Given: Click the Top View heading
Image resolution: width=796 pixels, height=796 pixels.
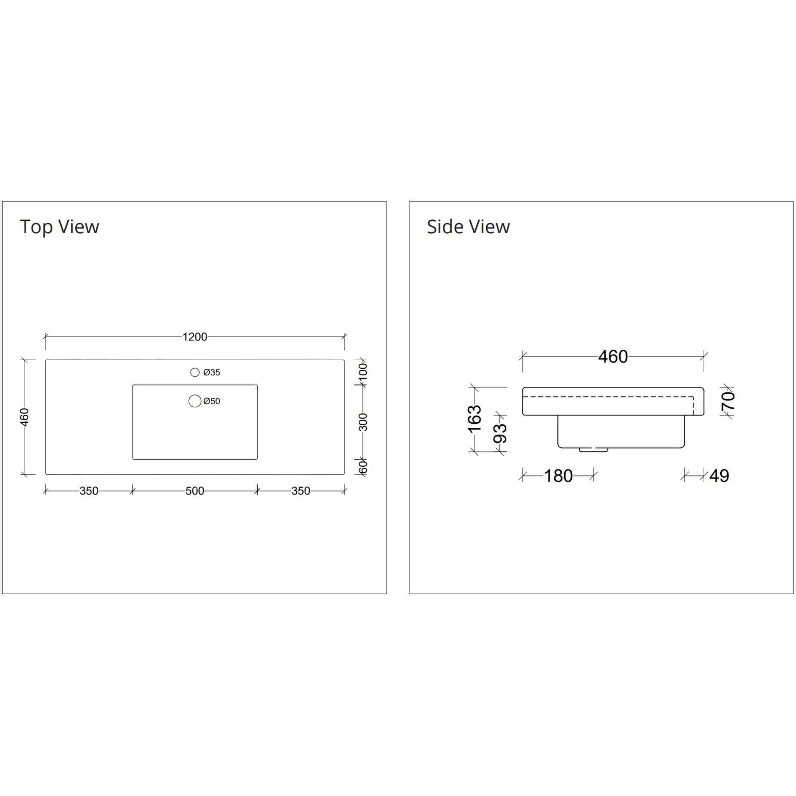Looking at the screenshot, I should pyautogui.click(x=59, y=227).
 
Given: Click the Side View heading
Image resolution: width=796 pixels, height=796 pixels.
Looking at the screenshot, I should pyautogui.click(x=468, y=227).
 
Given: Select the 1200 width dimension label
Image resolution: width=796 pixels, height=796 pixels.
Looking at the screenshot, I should pyautogui.click(x=194, y=337).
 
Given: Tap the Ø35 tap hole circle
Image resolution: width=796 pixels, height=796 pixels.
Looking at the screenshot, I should pyautogui.click(x=195, y=372).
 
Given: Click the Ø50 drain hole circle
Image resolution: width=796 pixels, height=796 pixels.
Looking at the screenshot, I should pyautogui.click(x=194, y=401).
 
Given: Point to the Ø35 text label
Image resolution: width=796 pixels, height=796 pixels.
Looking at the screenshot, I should pyautogui.click(x=212, y=372).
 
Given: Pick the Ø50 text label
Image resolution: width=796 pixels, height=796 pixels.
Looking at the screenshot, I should pyautogui.click(x=212, y=401).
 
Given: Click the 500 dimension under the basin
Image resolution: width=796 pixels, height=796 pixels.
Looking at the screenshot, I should pyautogui.click(x=194, y=491).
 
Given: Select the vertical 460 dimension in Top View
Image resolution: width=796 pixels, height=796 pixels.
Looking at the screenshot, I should pyautogui.click(x=25, y=417).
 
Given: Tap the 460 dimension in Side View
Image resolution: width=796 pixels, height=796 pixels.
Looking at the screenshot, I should pyautogui.click(x=613, y=357).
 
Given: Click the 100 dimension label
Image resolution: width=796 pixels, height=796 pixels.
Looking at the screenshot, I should pyautogui.click(x=363, y=372).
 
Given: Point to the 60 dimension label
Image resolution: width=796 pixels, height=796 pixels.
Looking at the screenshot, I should pyautogui.click(x=363, y=467).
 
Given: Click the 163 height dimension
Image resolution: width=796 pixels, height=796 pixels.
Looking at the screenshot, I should pyautogui.click(x=475, y=419).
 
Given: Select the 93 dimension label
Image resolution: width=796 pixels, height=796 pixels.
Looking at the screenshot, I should pyautogui.click(x=500, y=433).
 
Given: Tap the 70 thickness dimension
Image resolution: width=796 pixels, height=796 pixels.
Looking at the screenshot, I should pyautogui.click(x=728, y=401).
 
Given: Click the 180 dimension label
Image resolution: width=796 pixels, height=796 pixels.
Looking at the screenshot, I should pyautogui.click(x=558, y=476).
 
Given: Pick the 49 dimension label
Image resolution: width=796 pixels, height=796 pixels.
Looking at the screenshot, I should pyautogui.click(x=719, y=476).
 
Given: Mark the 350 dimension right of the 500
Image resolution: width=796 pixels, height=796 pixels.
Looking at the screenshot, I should pyautogui.click(x=300, y=491).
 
